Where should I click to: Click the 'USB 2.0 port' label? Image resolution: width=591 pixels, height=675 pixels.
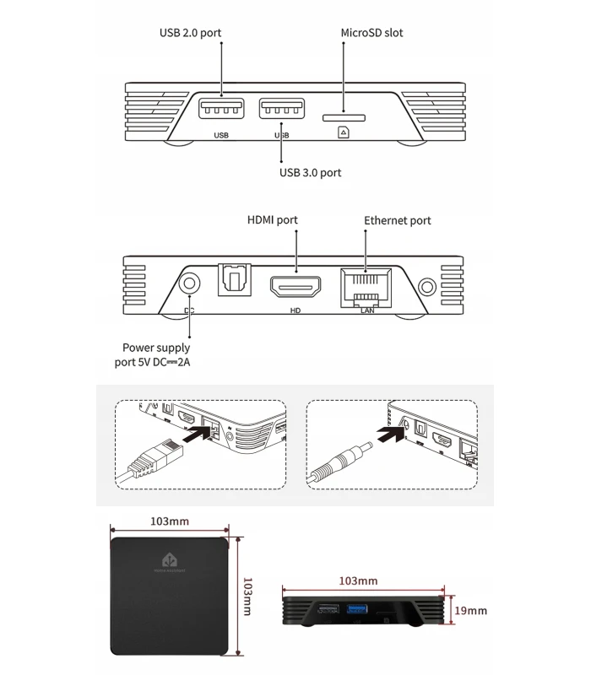pos(190,33)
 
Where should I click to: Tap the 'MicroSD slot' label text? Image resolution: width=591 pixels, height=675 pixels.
pos(371,33)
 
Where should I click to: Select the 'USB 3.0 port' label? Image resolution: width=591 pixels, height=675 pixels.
pos(310,172)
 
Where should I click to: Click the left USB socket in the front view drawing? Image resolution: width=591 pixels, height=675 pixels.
pos(222,111)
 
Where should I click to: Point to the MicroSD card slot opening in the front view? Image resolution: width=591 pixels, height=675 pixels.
pos(344,111)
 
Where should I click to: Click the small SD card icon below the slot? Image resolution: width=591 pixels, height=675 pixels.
pos(344,132)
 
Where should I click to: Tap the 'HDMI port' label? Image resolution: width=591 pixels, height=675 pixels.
pos(272,220)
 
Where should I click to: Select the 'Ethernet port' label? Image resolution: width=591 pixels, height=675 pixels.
pos(397,220)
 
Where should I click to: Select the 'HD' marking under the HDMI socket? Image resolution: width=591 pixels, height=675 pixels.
pos(296,310)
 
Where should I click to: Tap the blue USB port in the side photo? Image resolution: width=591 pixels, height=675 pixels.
pos(355,608)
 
